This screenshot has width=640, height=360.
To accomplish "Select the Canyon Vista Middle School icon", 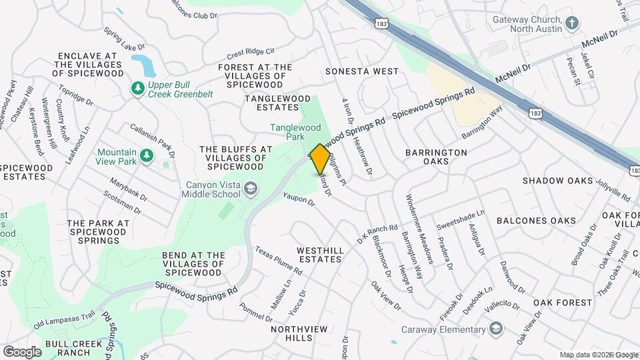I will [249, 190].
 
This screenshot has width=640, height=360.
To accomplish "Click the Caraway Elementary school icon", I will [495, 328].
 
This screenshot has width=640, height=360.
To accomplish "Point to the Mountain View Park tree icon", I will [146, 156].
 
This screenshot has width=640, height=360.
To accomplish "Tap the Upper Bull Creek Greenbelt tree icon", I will [138, 88].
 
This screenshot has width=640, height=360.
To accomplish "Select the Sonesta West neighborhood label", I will [361, 71].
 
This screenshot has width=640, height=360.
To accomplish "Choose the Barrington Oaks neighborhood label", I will [436, 157].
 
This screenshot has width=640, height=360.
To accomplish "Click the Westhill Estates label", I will [321, 255].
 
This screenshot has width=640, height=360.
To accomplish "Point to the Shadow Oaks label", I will [557, 181].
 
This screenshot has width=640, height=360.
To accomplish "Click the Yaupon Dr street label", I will [298, 200].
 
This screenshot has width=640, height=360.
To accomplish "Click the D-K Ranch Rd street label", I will [377, 233].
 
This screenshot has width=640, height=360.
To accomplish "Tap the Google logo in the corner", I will [22, 351].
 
